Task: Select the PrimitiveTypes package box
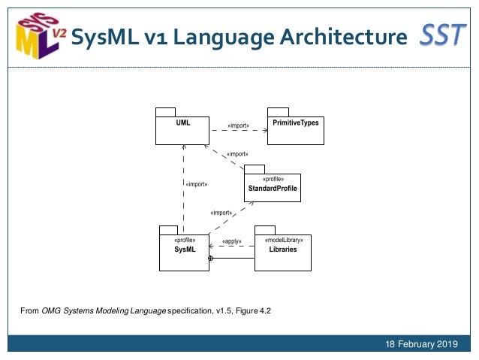tap(297, 129)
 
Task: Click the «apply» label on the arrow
tap(232, 241)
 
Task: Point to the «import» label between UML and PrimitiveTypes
tap(239, 126)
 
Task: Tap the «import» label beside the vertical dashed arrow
tap(197, 183)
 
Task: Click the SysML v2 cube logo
tap(38, 35)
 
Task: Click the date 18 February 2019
tap(421, 344)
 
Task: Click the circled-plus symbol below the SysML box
tap(210, 259)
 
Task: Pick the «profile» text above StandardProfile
tap(273, 179)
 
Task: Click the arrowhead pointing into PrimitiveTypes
tap(265, 129)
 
